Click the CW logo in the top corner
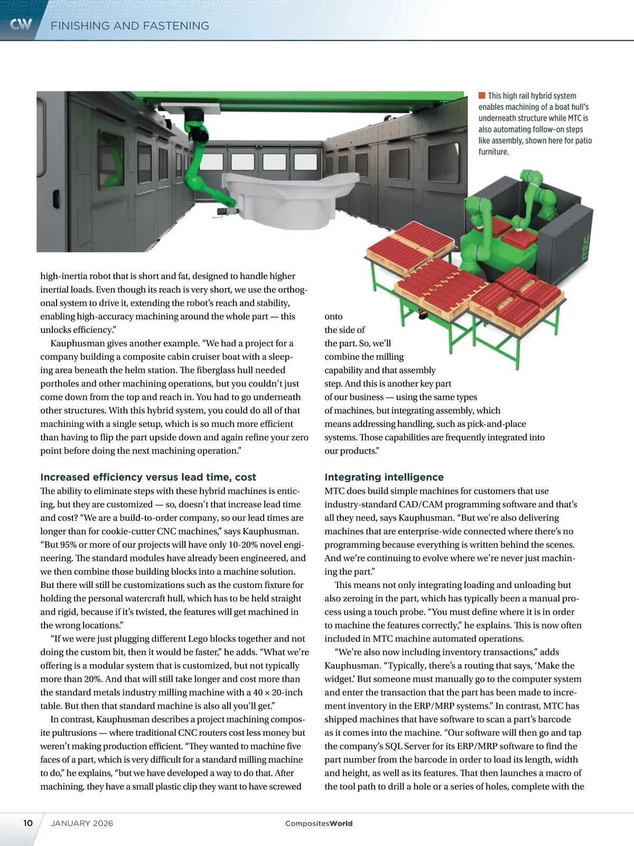click(21, 24)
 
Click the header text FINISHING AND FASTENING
click(130, 26)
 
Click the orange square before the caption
click(482, 96)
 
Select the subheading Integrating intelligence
click(384, 477)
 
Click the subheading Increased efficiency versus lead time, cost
click(148, 477)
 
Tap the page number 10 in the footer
click(27, 823)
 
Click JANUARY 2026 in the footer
click(82, 823)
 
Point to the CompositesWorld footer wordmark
click(319, 823)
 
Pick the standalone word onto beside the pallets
click(333, 317)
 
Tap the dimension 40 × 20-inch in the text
click(278, 693)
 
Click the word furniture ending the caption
click(493, 152)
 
